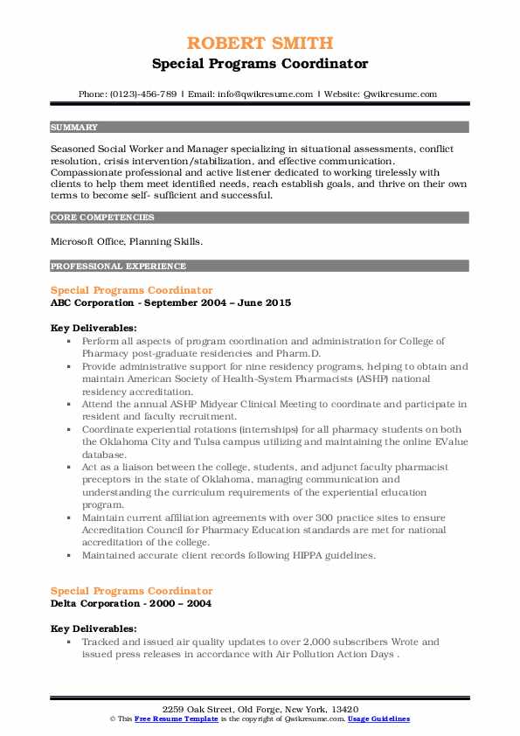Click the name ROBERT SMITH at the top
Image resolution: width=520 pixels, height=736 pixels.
(260, 45)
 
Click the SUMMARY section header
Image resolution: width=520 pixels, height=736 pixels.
(74, 127)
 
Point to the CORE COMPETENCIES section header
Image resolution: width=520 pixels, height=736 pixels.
(102, 218)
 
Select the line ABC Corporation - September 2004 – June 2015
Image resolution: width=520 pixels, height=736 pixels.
(170, 302)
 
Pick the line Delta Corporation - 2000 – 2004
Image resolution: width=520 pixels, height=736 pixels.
(131, 603)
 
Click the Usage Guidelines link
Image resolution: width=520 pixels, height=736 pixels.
(378, 719)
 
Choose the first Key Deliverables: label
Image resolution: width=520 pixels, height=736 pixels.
(94, 328)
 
